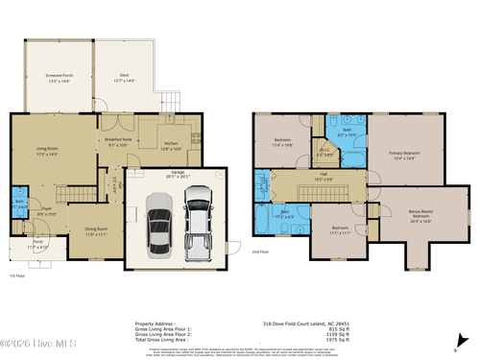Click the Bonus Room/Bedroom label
pyautogui.click(x=421, y=218)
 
